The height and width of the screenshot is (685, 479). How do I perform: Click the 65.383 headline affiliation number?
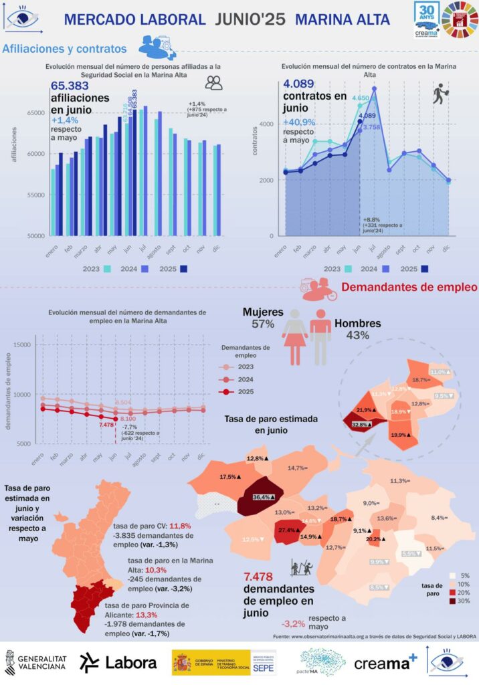pyautogui.click(x=71, y=86)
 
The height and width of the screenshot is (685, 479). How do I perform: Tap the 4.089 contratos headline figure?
pyautogui.click(x=302, y=84)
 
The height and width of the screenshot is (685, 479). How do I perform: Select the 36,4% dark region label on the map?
pyautogui.click(x=267, y=497)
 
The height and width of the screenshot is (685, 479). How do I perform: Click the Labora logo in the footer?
pyautogui.click(x=118, y=662)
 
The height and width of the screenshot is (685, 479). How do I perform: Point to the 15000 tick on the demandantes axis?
pyautogui.click(x=23, y=345)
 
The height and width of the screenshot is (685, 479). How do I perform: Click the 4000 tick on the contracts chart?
pyautogui.click(x=267, y=124)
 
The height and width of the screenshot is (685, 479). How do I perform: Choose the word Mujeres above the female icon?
pyautogui.click(x=262, y=312)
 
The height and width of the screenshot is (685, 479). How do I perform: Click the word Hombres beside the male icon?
pyautogui.click(x=357, y=323)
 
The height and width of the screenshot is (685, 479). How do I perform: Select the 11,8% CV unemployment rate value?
pyautogui.click(x=181, y=526)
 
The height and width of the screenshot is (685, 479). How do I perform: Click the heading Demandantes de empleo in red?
pyautogui.click(x=409, y=287)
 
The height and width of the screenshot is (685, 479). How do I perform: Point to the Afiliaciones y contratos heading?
pyautogui.click(x=65, y=49)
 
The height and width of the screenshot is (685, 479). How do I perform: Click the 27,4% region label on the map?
pyautogui.click(x=288, y=530)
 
